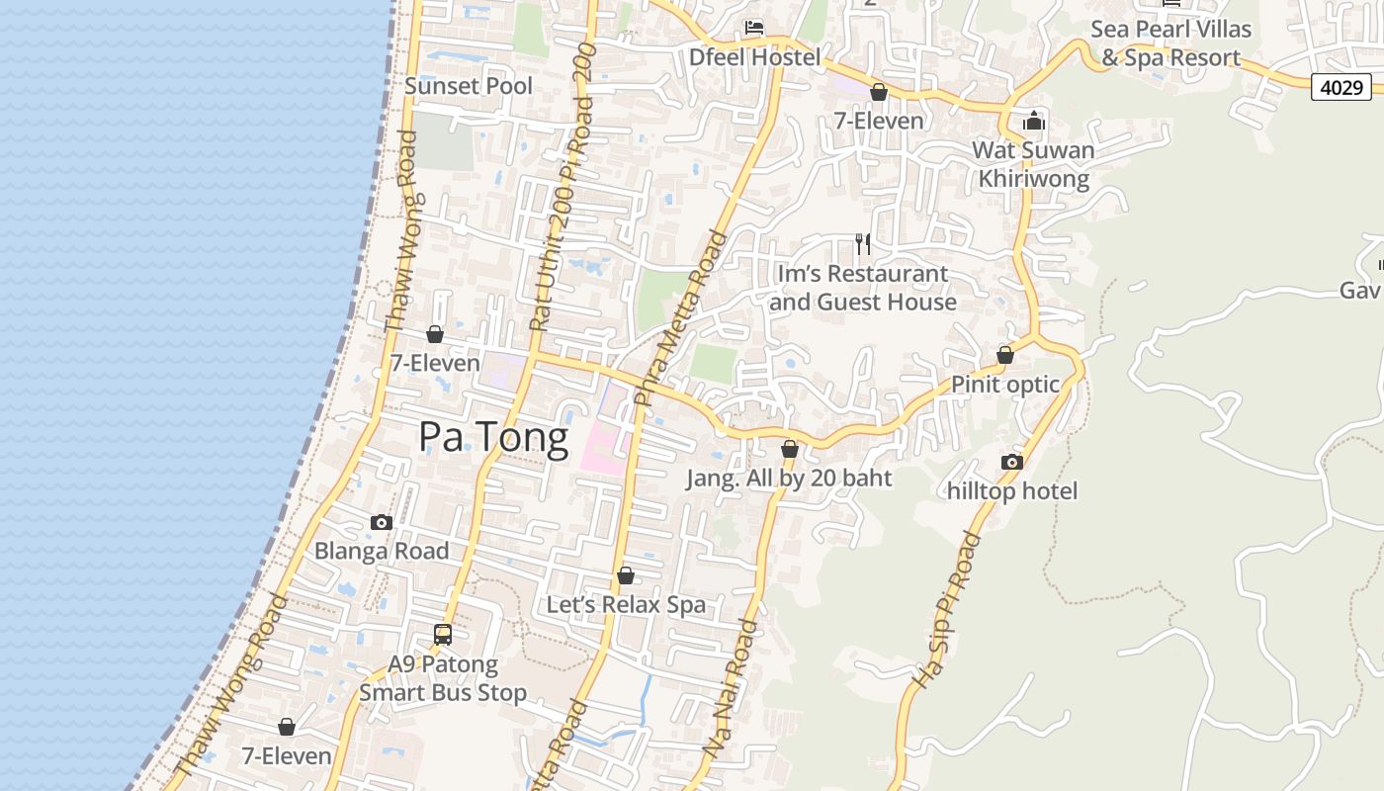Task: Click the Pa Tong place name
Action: point(493,437)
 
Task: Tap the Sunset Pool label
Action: point(469,86)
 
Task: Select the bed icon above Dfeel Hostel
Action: point(754,28)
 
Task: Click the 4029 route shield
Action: point(1341,87)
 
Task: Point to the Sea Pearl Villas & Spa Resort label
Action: point(1170,44)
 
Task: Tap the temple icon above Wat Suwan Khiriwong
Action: point(1034,121)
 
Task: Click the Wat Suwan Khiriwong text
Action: point(1034,164)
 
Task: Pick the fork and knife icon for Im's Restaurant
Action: point(863,243)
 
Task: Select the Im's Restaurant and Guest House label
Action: point(863,288)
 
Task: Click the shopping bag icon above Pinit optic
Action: point(1005,355)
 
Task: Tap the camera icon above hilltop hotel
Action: point(1011,462)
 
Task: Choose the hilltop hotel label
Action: point(1012,491)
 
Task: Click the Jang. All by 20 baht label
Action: point(789,479)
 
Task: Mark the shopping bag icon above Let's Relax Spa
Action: point(626,575)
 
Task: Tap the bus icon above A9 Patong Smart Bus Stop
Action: point(443,635)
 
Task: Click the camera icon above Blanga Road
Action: point(382,522)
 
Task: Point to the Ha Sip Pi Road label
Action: point(946,610)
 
